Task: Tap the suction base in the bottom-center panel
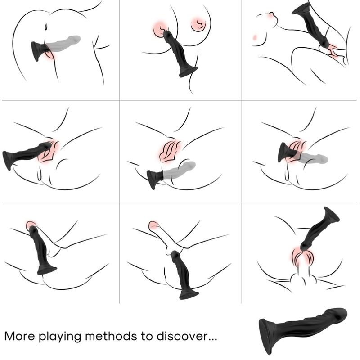coord(189,295)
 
